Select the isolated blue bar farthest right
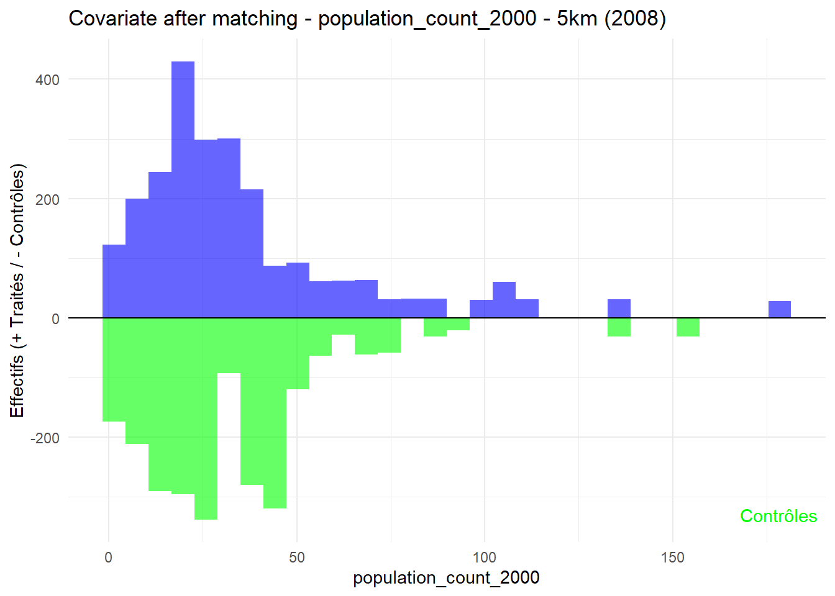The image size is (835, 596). (x=779, y=309)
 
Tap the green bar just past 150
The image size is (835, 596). (x=688, y=327)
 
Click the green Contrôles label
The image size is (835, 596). (x=778, y=516)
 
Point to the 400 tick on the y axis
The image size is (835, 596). (x=47, y=80)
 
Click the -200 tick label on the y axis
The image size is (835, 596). (x=45, y=438)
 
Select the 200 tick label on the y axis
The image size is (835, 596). (x=47, y=200)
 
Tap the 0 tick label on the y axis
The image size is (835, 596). (x=55, y=319)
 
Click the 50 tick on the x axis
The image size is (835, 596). (x=297, y=557)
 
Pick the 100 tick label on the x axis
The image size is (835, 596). (x=485, y=557)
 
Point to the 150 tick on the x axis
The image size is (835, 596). (x=672, y=557)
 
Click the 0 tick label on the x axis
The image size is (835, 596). (x=109, y=557)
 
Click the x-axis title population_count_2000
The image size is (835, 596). (x=446, y=578)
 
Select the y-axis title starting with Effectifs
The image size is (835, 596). (x=17, y=291)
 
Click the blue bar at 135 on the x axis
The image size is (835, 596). (x=619, y=309)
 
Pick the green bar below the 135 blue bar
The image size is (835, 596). (x=619, y=327)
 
